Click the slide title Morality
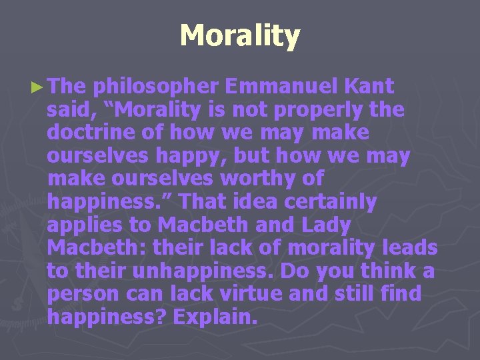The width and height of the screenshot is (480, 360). click(240, 36)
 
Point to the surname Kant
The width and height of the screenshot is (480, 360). click(371, 87)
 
